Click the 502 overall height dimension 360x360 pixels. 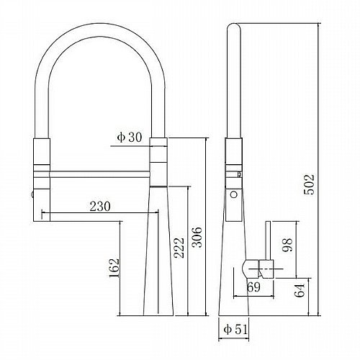(x=309, y=184)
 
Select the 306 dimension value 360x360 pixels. (x=197, y=237)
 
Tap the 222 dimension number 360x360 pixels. (x=179, y=248)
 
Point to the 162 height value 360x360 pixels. (x=114, y=268)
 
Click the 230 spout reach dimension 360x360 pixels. (x=100, y=207)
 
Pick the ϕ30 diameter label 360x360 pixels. (x=130, y=138)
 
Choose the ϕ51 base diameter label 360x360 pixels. (x=235, y=330)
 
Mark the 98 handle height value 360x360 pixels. (x=287, y=245)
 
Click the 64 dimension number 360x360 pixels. (x=300, y=290)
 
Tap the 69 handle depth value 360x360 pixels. (x=253, y=287)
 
